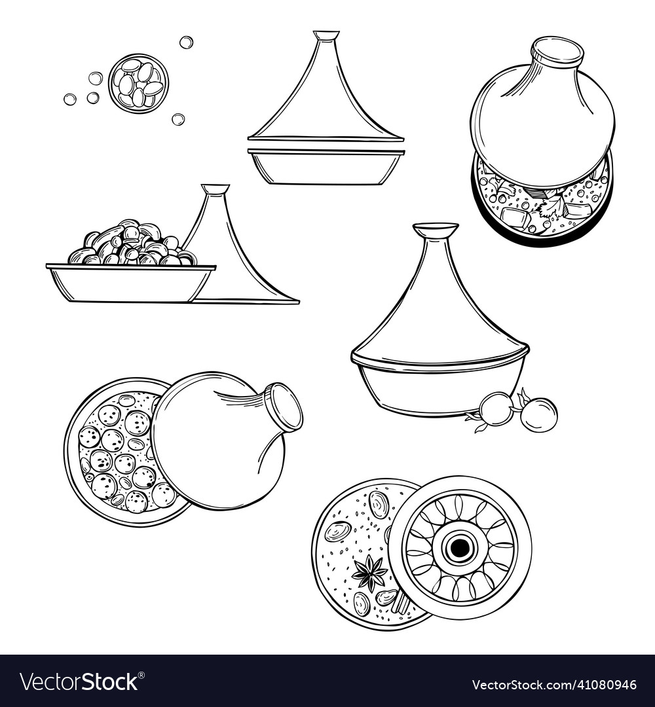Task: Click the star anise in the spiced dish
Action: pos(369,571)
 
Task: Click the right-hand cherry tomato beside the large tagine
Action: pos(540,414)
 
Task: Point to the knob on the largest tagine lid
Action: pos(436,230)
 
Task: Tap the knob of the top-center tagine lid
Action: pos(326,35)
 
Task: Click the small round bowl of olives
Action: pos(138,84)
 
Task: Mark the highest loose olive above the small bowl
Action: pos(186,42)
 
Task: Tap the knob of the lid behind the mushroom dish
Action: pos(215,189)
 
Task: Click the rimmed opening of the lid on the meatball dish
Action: pos(283,406)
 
